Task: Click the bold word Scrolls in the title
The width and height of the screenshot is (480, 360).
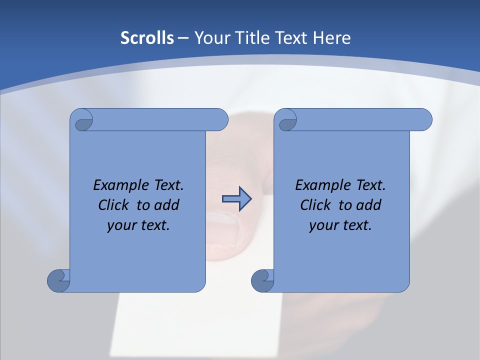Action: (147, 37)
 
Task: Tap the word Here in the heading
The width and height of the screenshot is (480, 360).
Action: (331, 37)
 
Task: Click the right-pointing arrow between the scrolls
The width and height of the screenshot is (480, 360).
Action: (236, 199)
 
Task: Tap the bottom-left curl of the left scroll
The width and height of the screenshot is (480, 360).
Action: (58, 280)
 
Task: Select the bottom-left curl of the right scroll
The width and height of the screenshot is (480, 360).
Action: (262, 280)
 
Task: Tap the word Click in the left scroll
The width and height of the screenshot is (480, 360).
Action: (114, 205)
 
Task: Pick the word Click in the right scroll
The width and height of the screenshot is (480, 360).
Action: (316, 205)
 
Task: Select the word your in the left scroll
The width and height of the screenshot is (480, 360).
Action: (121, 225)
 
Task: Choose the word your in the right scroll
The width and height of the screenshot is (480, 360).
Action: (323, 225)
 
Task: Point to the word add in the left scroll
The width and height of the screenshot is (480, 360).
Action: (167, 205)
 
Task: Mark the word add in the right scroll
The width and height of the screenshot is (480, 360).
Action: (369, 205)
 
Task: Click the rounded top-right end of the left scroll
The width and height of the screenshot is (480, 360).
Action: (220, 120)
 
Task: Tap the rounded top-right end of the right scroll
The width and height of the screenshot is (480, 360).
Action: (424, 120)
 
